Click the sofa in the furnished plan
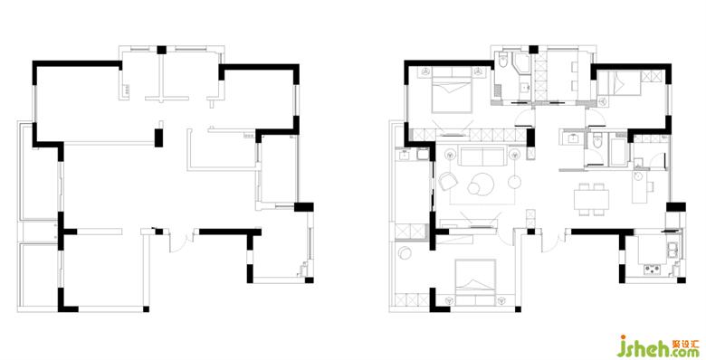point(482,156)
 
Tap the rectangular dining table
point(591,199)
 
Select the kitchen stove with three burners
point(652,270)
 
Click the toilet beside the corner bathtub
point(503,61)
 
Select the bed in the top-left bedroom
point(452,90)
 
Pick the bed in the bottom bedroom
point(475,278)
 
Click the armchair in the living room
point(447,180)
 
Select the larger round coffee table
point(482,184)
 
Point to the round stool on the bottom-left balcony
point(405,253)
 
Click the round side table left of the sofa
point(450,155)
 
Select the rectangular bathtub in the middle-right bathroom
point(617,151)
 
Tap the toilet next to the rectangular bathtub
point(596,141)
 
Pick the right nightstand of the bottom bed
point(501,299)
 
